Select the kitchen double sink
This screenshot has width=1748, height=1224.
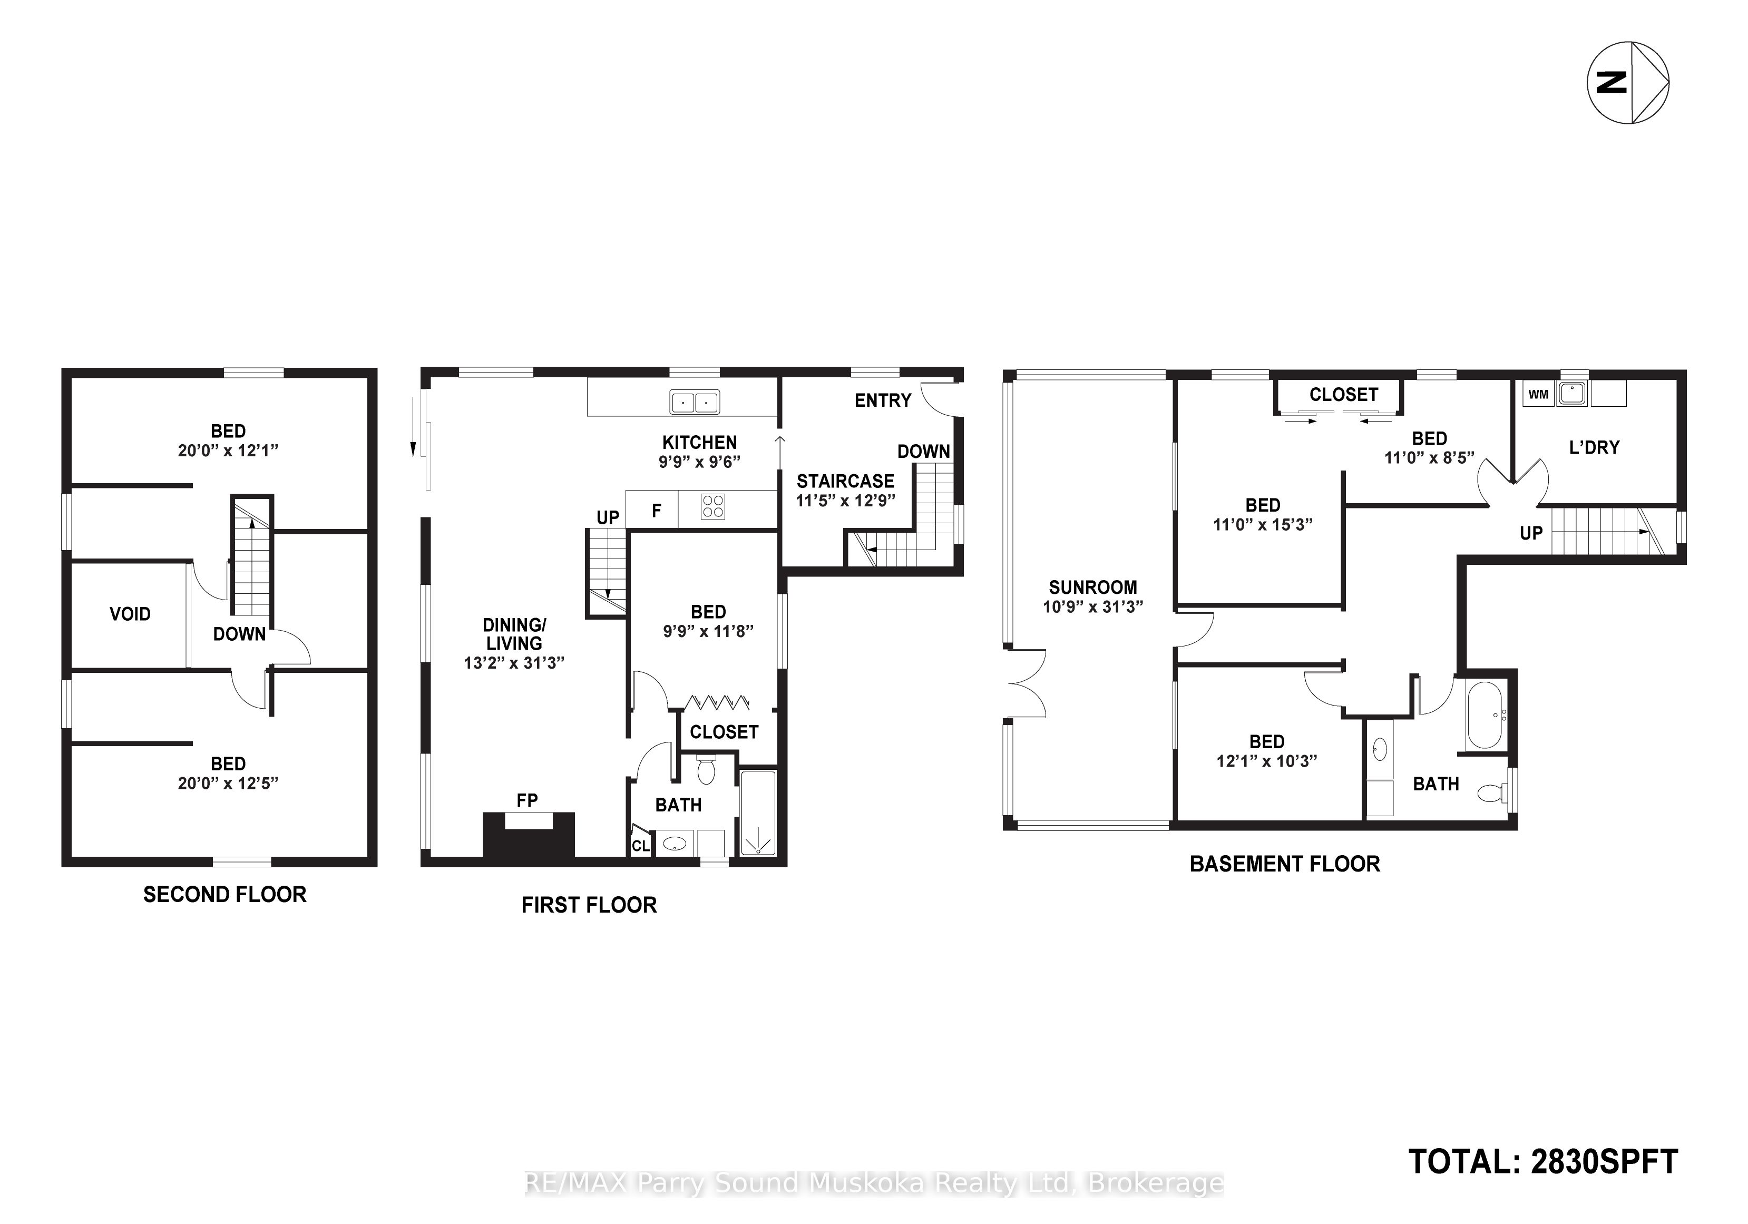click(x=695, y=401)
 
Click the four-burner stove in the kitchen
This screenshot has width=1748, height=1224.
click(x=714, y=507)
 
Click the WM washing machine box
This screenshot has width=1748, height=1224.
click(x=1538, y=394)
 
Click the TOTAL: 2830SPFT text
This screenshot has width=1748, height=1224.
click(x=1543, y=1162)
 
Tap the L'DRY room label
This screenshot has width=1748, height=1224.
click(x=1594, y=447)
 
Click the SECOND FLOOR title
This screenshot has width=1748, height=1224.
click(x=224, y=894)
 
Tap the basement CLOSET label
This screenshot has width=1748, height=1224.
click(x=1344, y=394)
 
